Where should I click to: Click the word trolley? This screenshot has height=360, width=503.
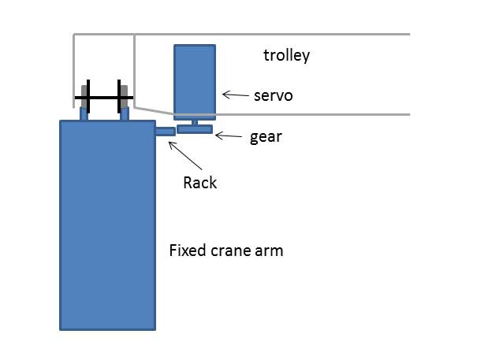[286, 56]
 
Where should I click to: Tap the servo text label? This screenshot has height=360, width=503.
[274, 96]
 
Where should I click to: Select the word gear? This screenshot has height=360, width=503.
[266, 137]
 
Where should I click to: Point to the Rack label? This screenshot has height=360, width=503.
[199, 183]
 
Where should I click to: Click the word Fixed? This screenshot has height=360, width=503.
[188, 251]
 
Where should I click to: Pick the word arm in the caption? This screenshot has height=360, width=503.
[269, 251]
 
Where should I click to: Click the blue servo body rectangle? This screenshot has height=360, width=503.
[195, 83]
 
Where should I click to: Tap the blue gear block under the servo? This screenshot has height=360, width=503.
[195, 129]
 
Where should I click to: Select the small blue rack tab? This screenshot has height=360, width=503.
[166, 132]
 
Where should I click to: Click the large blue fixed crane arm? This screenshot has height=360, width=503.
[108, 225]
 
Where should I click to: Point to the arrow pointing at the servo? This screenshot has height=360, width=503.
[236, 95]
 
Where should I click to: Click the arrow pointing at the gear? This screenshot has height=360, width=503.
[229, 136]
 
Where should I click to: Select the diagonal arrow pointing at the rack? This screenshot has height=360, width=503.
[185, 155]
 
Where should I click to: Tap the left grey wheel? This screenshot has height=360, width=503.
[84, 96]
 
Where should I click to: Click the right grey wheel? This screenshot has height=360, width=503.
[124, 96]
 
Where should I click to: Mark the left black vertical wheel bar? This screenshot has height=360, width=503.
[88, 96]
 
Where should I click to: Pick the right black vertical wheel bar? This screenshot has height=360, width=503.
[119, 96]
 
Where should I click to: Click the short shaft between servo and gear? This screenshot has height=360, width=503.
[195, 123]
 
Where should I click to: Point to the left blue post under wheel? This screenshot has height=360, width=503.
[84, 113]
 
